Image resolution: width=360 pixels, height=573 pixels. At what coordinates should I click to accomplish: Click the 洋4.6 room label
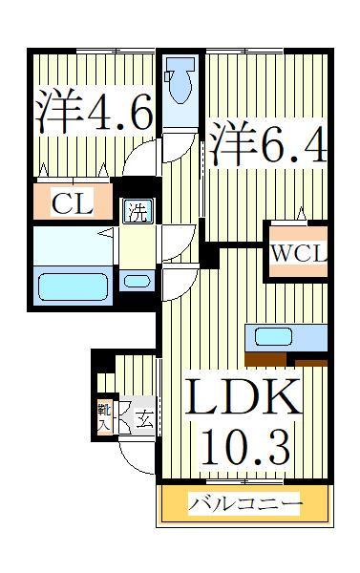point(95,114)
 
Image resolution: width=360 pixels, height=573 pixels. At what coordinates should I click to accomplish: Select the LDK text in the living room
point(243,398)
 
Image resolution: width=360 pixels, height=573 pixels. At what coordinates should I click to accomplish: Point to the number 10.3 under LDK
point(243,443)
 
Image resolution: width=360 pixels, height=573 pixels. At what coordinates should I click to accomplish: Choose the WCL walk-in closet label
point(297,253)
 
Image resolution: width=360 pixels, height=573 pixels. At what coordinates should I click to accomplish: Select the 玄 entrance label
point(143,419)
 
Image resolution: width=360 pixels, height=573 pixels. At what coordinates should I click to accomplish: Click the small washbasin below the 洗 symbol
point(138,281)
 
